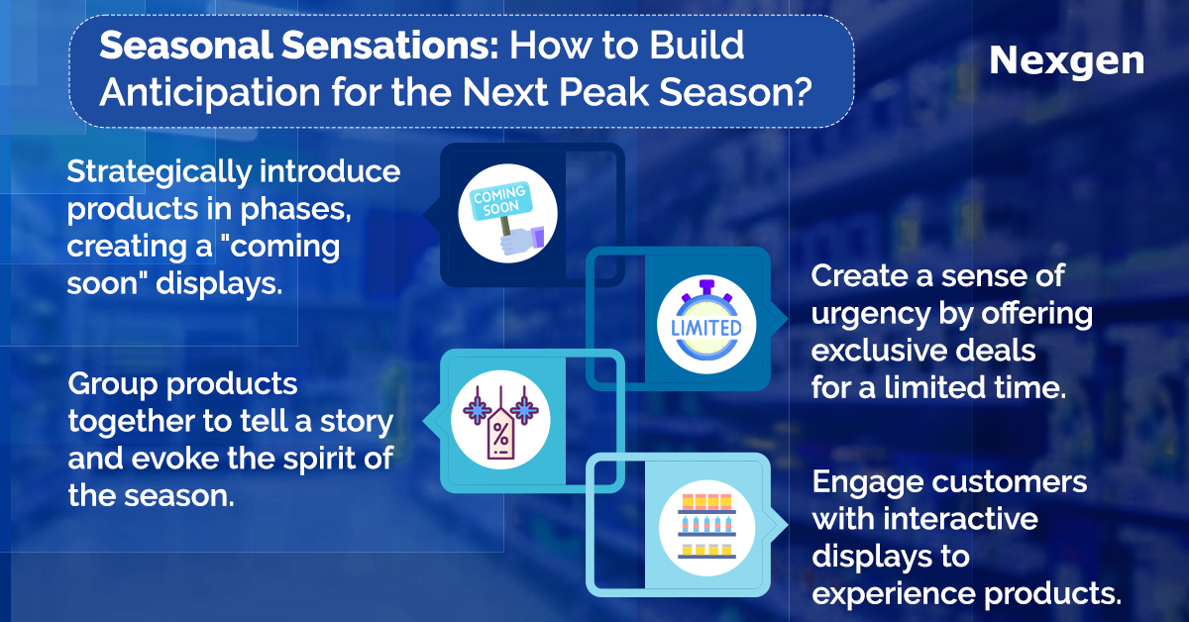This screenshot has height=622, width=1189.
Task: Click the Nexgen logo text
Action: [x=1066, y=62]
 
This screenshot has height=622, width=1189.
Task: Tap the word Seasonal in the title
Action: [x=186, y=46]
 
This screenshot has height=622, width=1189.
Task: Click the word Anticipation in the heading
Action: [x=210, y=93]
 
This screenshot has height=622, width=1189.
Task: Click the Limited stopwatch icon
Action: [x=706, y=324]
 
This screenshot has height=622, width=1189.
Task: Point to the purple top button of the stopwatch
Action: [x=706, y=286]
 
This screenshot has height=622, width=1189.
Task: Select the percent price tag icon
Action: [x=500, y=420]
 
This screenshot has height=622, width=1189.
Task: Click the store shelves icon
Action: [x=707, y=528]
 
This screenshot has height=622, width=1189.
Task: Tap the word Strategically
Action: [x=160, y=173]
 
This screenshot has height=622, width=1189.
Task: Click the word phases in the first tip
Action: [x=295, y=210]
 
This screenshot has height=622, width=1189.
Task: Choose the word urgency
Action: [x=871, y=315]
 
